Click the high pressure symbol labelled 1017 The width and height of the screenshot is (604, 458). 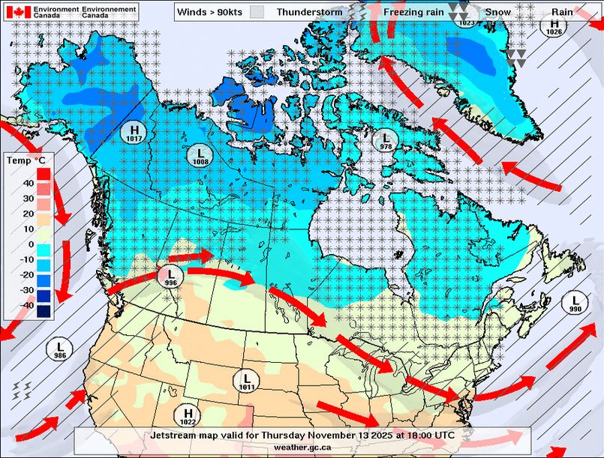coord(135,133)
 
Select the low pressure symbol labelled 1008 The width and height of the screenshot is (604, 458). coord(200,155)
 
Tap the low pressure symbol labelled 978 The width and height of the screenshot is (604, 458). coord(386,141)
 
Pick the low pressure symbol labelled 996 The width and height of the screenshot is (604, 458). coord(170,277)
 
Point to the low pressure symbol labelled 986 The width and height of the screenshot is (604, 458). coord(59,349)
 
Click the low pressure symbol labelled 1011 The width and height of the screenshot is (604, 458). coord(247,381)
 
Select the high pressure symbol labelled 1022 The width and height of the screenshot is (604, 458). coord(188,415)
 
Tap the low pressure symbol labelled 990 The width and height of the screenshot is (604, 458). coord(575,303)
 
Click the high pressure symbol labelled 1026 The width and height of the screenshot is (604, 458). coord(554,26)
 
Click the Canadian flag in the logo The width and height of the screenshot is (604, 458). coord(18,12)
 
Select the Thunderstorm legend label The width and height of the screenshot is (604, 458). coord(309,12)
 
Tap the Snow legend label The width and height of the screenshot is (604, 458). coord(498,12)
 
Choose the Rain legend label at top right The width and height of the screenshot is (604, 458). coord(562,12)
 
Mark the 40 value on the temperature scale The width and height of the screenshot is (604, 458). coord(27,183)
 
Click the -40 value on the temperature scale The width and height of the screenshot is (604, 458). coord(25,305)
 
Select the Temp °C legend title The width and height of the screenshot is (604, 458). coord(25,160)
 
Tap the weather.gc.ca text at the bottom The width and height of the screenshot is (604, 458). coord(302,447)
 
